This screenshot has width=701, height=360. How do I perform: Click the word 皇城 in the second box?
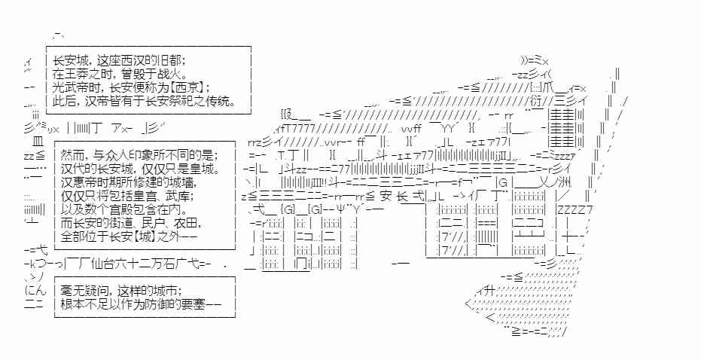click(208, 169)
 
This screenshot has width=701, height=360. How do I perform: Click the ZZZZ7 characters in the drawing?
click(575, 209)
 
